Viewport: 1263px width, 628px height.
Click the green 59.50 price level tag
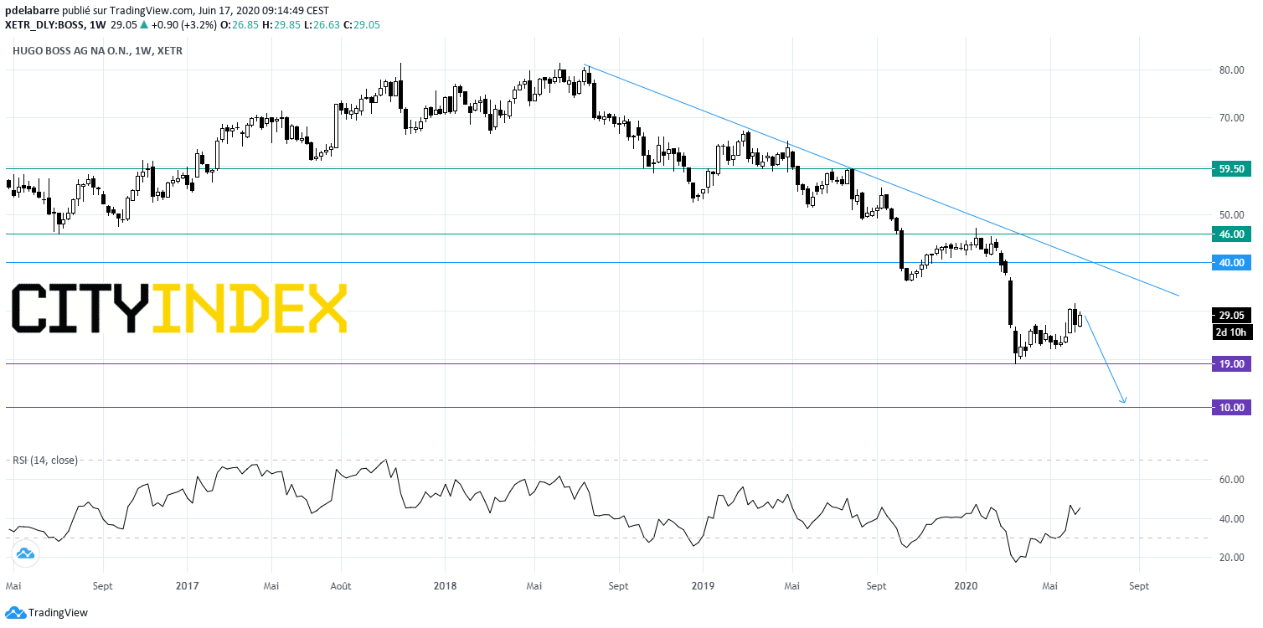click(1231, 168)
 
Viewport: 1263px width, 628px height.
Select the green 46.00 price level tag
click(1231, 234)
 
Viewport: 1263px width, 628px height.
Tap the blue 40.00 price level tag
click(1231, 263)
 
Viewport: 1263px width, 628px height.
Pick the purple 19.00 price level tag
click(1231, 363)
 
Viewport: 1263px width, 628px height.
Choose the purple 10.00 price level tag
click(1231, 408)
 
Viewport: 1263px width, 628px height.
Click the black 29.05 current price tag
click(1231, 315)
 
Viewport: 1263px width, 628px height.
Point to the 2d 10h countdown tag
click(1231, 332)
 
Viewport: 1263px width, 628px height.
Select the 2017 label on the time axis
click(188, 586)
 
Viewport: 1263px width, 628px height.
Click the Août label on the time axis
click(341, 586)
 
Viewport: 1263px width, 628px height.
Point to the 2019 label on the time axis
click(703, 586)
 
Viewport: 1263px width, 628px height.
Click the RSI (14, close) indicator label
click(45, 460)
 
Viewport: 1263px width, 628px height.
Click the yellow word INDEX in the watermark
click(250, 308)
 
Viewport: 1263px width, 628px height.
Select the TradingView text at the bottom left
click(58, 613)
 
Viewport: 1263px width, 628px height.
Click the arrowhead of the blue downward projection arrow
click(1124, 402)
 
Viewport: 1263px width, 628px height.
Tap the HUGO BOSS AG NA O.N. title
click(71, 51)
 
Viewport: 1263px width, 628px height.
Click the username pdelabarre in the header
click(32, 11)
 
